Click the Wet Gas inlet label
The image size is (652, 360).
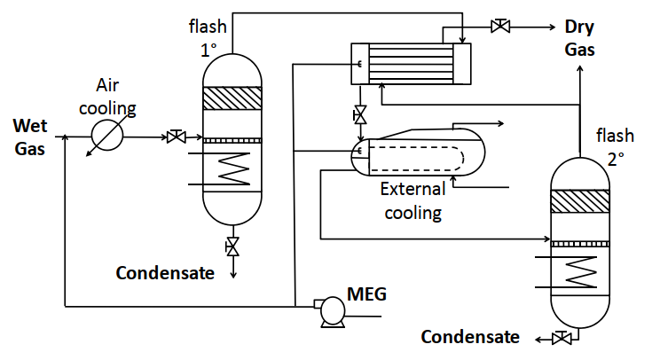point(29,137)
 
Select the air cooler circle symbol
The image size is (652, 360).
point(108,137)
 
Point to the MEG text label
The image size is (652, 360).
point(366,293)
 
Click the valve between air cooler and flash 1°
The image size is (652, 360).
point(175,137)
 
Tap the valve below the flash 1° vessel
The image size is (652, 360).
point(232,246)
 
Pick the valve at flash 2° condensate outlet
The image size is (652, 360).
point(560,337)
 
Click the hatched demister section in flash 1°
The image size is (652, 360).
point(232,98)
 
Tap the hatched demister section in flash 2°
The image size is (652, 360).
point(581,201)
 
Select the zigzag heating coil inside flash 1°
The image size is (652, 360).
point(234,168)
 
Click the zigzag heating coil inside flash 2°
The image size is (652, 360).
point(582,270)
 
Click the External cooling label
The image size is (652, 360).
point(410,200)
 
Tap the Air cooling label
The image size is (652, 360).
point(116,98)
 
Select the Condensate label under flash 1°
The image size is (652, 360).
point(165,272)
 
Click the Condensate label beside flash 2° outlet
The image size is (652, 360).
point(469,337)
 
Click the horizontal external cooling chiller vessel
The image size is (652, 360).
point(418,156)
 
